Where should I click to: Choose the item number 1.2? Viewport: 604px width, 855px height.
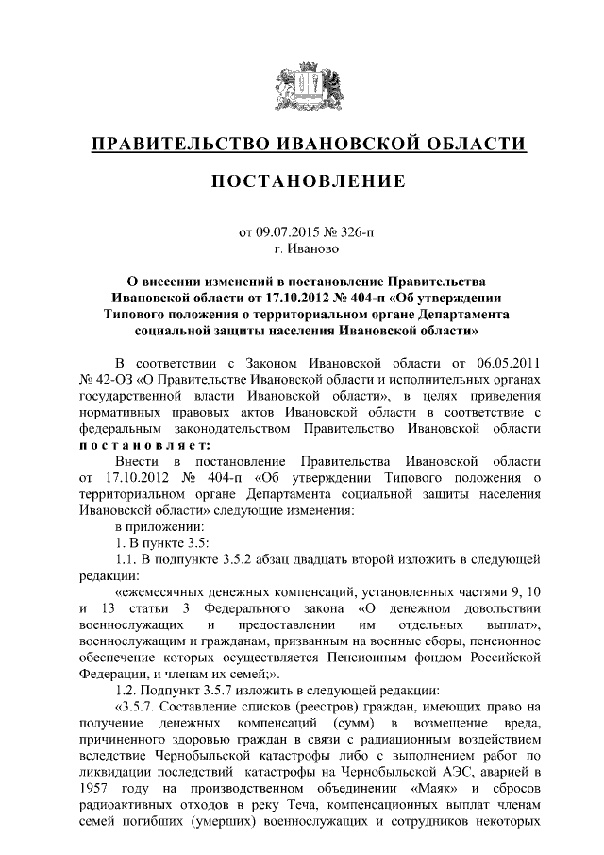tap(124, 689)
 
